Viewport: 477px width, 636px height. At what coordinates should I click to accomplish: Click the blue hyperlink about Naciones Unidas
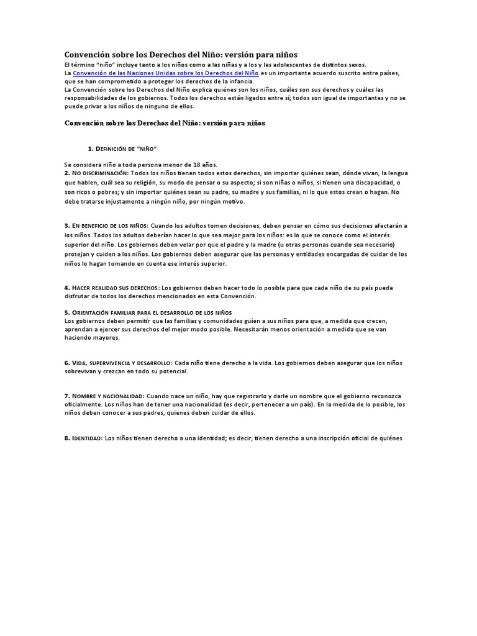[166, 73]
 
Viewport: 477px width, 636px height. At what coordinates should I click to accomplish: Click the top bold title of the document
[177, 55]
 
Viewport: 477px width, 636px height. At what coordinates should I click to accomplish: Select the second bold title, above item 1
[165, 123]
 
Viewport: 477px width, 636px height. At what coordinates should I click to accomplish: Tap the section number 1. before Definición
[91, 149]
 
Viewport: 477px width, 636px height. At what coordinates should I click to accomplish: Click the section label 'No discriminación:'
[100, 173]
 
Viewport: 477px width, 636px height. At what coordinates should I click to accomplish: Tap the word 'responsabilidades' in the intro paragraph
[92, 98]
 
